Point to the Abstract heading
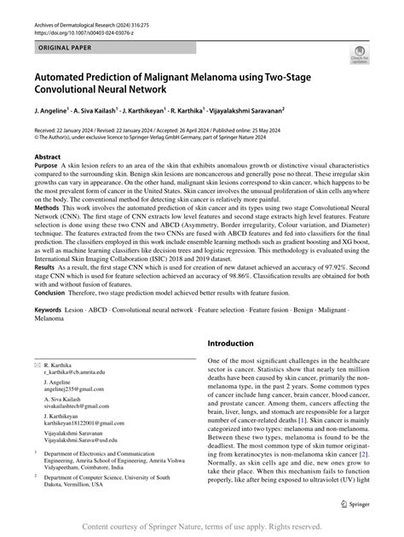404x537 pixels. click(x=47, y=158)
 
